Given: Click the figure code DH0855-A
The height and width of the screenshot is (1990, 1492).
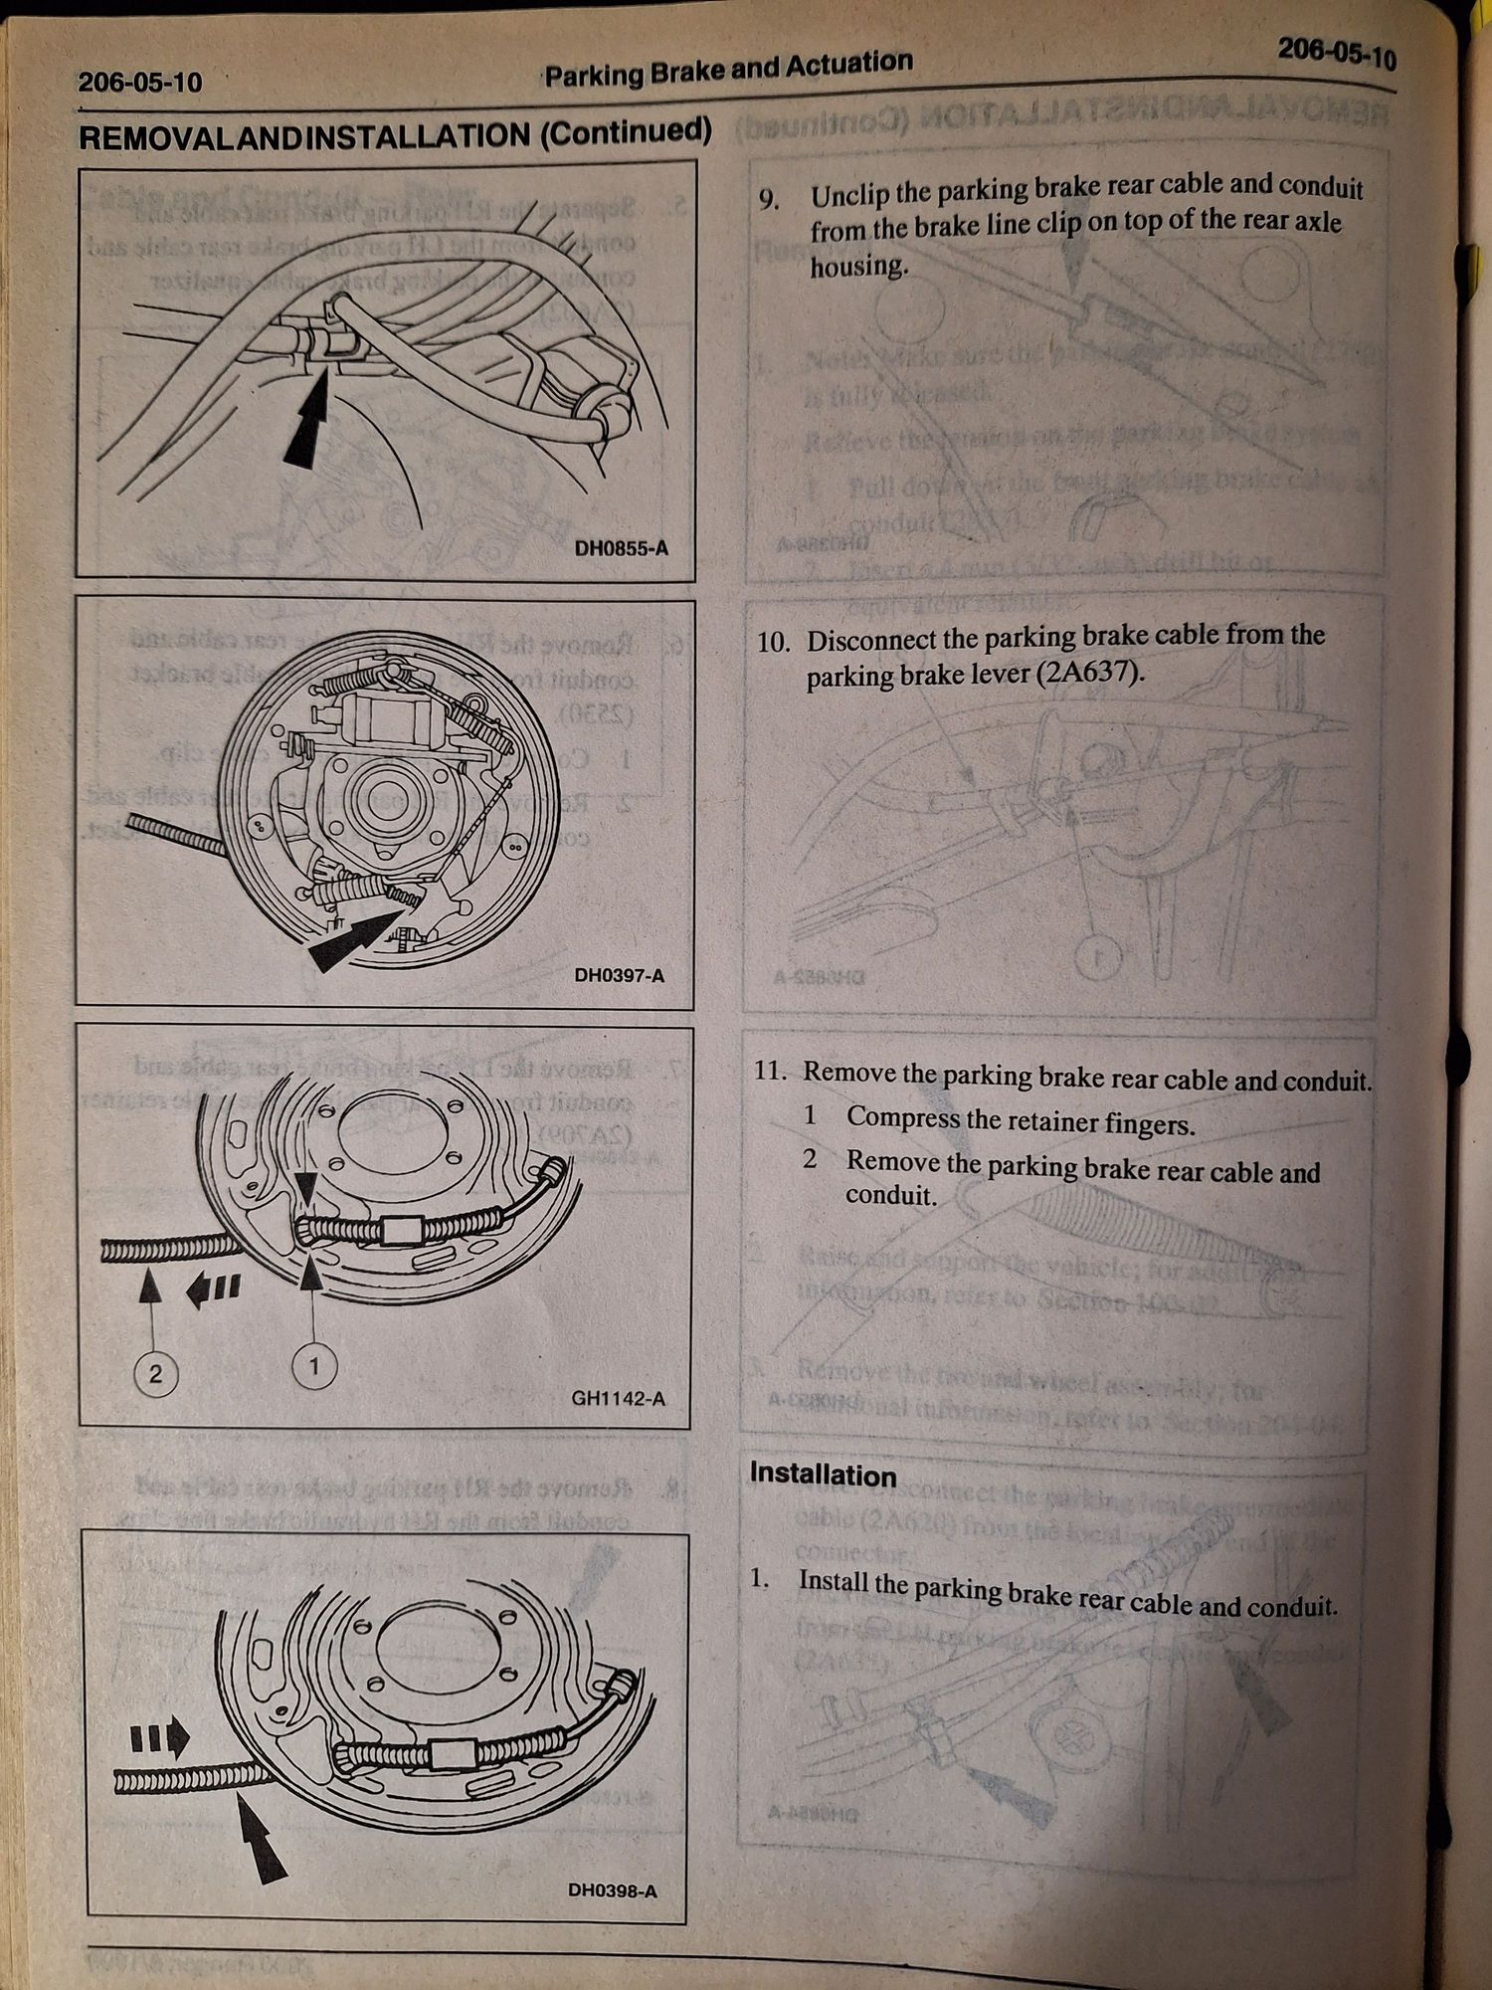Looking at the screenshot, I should [621, 547].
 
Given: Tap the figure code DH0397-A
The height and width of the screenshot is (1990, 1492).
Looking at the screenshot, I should [619, 975].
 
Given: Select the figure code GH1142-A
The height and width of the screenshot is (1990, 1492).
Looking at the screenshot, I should [618, 1399].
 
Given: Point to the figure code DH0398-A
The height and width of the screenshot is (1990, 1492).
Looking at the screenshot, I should [612, 1890].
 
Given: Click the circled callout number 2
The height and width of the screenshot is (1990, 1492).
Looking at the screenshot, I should [154, 1374].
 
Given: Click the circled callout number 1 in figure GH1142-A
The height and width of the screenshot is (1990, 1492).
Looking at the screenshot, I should [314, 1366].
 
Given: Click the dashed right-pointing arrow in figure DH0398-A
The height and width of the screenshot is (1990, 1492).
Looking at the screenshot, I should [159, 1738].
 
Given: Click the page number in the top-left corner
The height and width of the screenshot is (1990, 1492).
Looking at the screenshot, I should [139, 82].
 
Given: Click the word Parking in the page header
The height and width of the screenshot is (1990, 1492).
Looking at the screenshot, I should [593, 76].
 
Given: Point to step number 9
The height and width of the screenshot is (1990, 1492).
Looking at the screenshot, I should [768, 199].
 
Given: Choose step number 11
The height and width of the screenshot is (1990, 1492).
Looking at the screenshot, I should [772, 1071].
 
